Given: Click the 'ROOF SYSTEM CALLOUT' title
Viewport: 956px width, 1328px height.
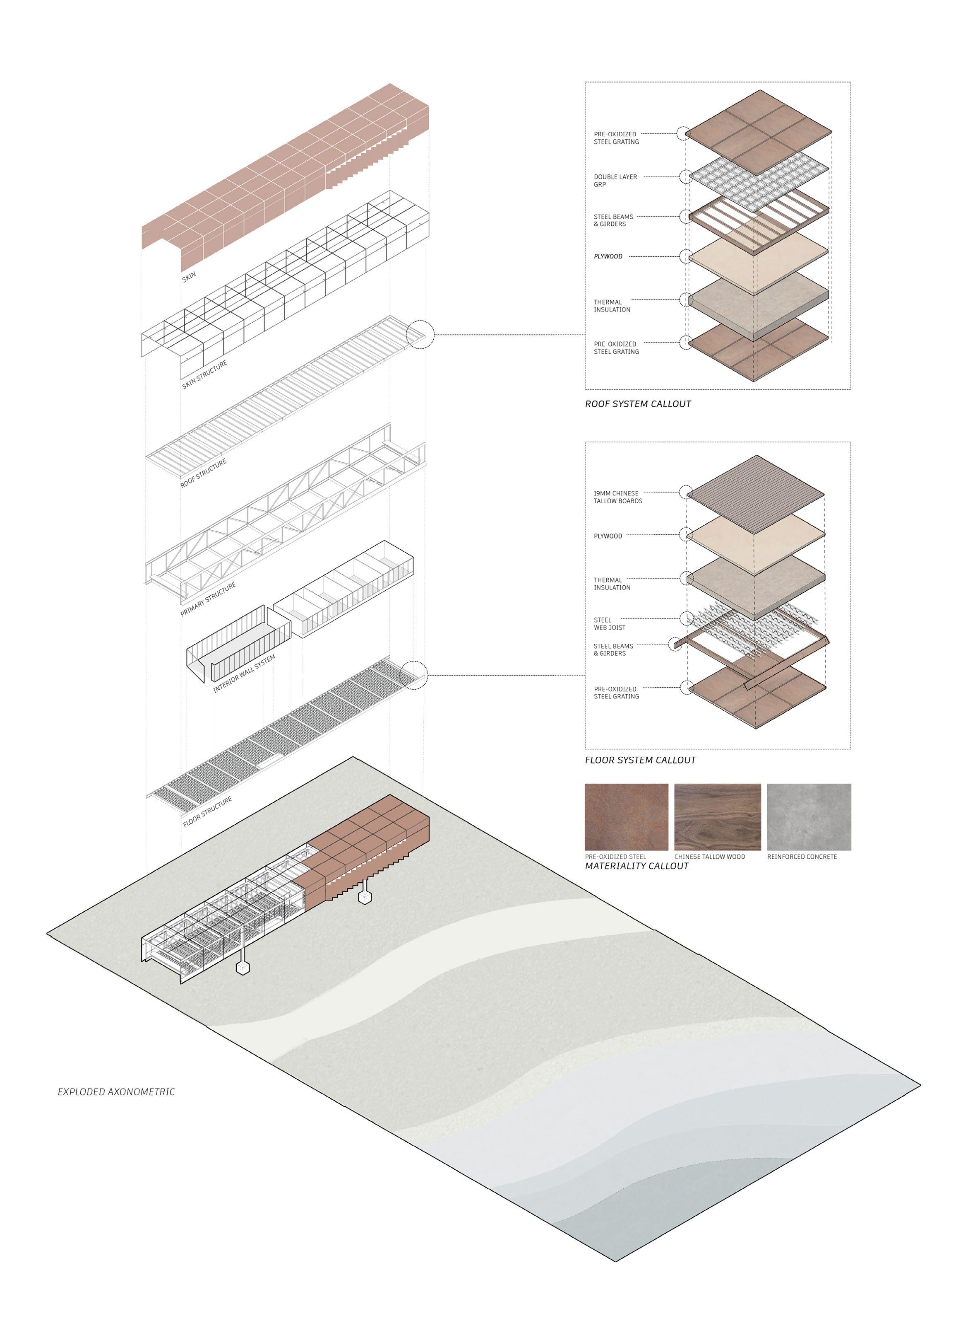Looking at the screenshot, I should click(638, 404).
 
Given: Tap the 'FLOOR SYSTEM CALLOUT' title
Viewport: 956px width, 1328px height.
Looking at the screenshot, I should click(640, 760).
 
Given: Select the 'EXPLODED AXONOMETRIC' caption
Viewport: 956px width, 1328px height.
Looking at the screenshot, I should click(116, 1092).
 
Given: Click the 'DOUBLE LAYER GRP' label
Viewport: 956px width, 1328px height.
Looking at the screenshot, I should click(615, 180).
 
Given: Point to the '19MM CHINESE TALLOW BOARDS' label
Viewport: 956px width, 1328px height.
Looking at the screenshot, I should click(618, 497).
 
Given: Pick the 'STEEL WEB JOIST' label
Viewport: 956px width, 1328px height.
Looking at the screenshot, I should click(609, 623).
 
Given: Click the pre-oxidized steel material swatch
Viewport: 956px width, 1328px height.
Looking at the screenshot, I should click(626, 817).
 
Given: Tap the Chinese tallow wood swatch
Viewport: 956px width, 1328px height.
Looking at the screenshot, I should click(717, 817).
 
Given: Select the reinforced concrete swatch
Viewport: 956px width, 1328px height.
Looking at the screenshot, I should click(809, 817).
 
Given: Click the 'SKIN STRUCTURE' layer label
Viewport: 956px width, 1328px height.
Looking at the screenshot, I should click(205, 375).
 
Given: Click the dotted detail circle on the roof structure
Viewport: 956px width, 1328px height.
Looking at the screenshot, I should click(420, 335).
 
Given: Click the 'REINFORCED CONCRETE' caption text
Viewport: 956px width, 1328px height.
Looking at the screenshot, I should click(802, 857).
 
